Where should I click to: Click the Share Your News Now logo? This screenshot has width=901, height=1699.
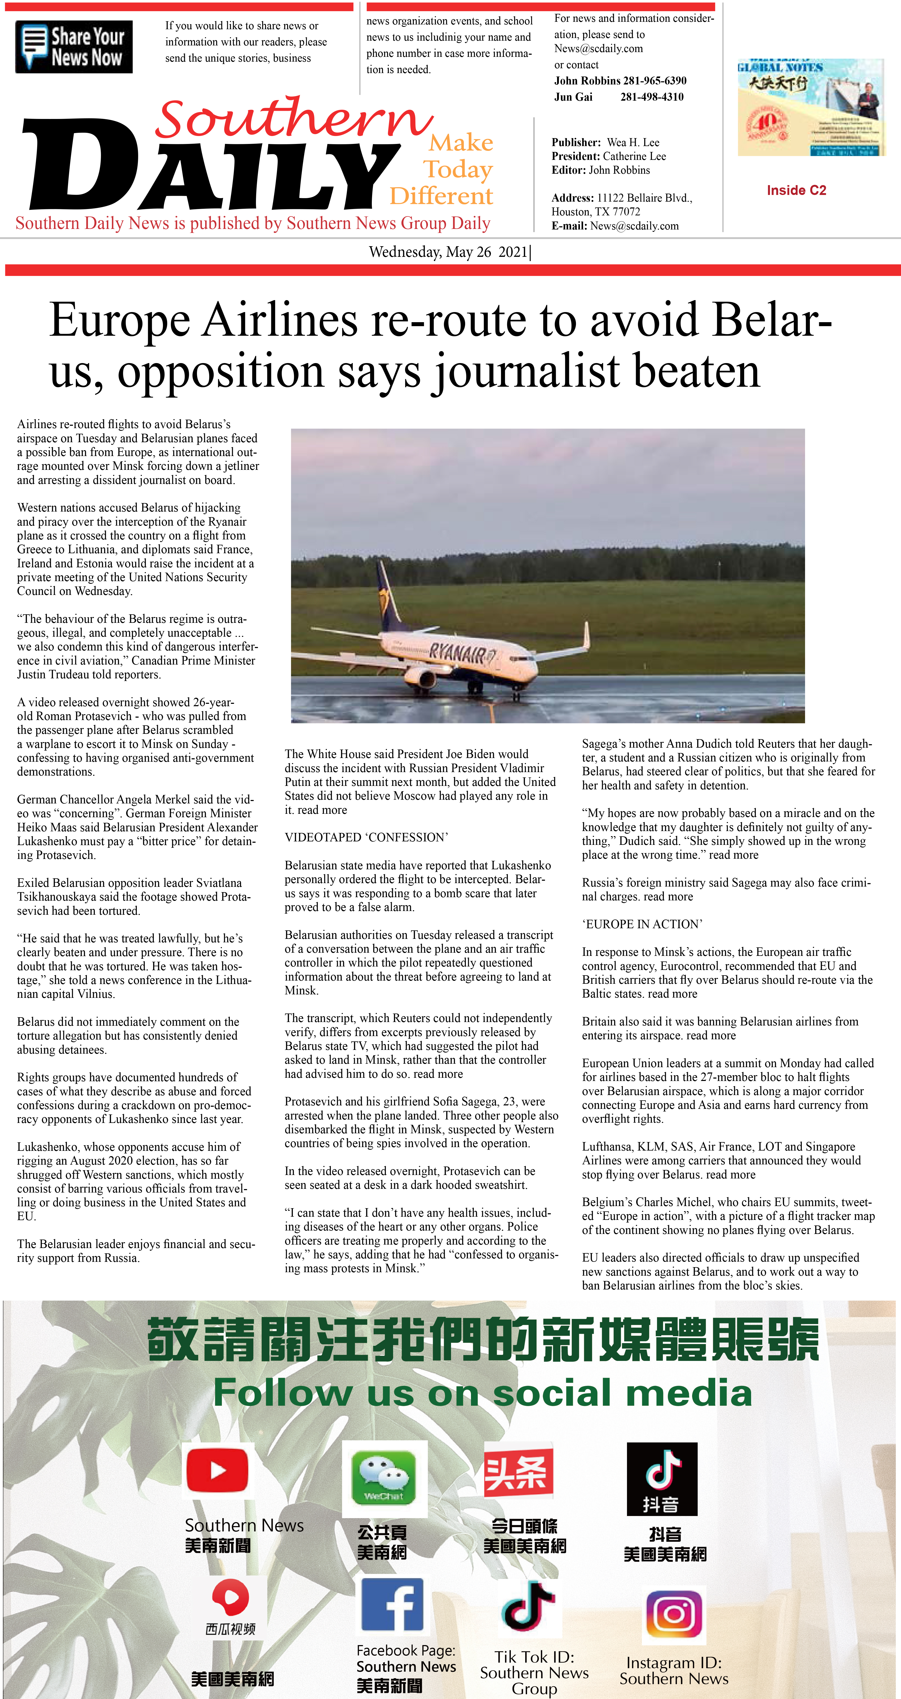(74, 47)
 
